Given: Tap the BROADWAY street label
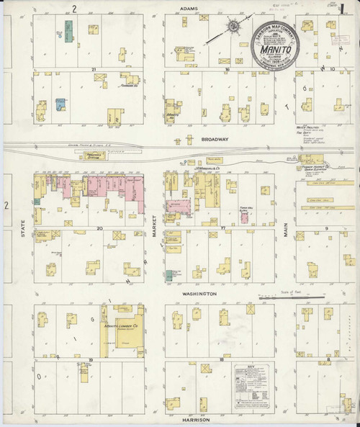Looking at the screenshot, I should click(215, 138).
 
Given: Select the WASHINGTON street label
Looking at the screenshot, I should click(199, 295).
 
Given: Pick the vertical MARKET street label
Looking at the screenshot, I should click(154, 230).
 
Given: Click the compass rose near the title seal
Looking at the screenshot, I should click(234, 27).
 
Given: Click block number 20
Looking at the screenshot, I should click(100, 228).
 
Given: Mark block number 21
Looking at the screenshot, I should click(94, 69).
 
